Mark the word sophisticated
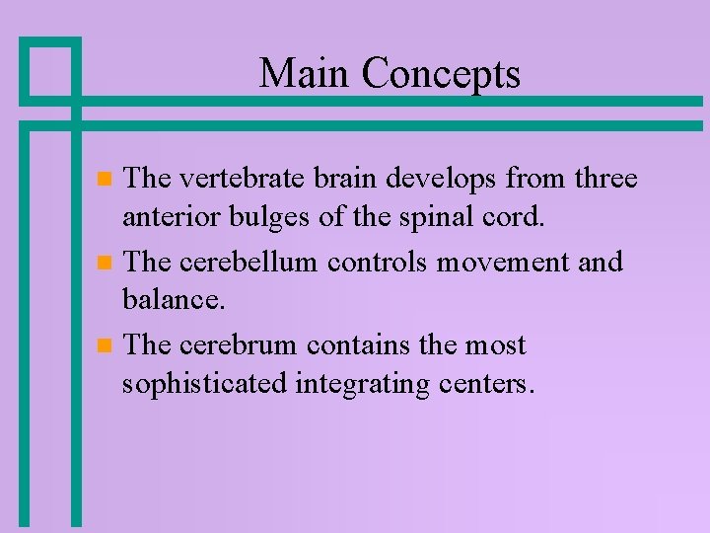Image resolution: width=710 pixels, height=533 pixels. (x=204, y=383)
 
